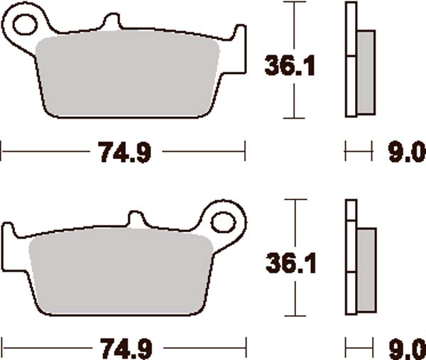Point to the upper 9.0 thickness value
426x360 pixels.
pyautogui.click(x=404, y=151)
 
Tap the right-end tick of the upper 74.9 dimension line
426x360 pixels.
pyautogui.click(x=245, y=151)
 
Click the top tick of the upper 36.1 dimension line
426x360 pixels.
pyautogui.click(x=290, y=3)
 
